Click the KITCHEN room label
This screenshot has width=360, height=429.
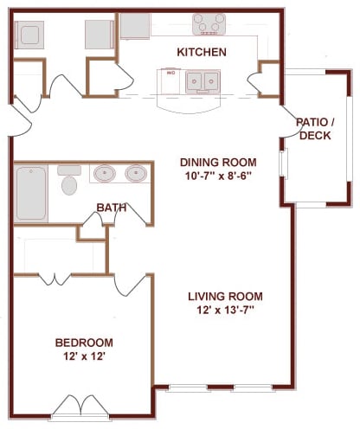(202, 52)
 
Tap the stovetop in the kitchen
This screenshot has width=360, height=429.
(209, 24)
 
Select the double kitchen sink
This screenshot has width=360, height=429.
(202, 81)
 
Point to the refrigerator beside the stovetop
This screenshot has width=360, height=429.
(135, 26)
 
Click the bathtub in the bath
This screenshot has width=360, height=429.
(31, 193)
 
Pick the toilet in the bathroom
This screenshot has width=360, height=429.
(69, 180)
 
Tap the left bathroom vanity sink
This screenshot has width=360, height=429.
(105, 174)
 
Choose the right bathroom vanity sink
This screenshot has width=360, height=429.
(136, 174)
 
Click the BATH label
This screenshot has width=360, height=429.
(112, 208)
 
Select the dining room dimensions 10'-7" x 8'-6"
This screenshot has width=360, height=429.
(218, 176)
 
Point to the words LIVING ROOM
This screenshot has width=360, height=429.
(225, 297)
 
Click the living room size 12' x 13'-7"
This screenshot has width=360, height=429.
(225, 311)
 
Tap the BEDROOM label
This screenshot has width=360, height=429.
(84, 343)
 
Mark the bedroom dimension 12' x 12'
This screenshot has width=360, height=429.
(84, 356)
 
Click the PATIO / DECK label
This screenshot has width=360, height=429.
(315, 129)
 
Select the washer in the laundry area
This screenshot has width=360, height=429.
(29, 35)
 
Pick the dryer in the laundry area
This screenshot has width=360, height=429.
(100, 35)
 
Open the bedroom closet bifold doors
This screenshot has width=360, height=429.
(55, 279)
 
